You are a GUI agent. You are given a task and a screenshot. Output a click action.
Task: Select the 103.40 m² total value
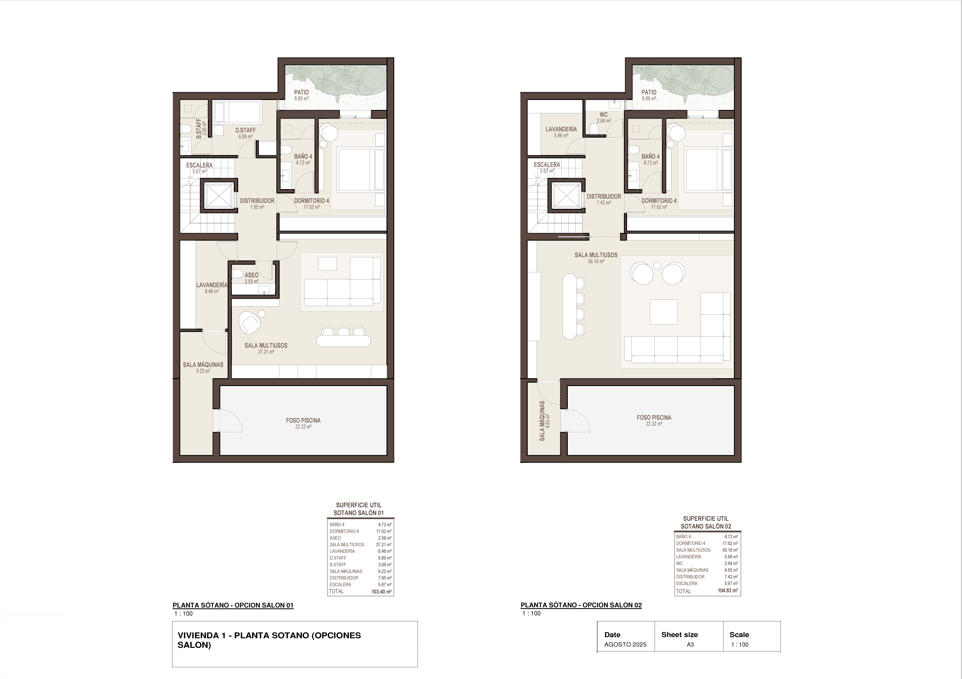coord(381,592)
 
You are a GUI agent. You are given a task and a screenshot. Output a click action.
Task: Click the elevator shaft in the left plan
coord(218,195)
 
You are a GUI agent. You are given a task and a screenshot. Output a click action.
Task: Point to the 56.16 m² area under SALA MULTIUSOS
coord(596,261)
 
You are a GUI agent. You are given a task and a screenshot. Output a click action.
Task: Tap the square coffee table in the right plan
coord(664,312)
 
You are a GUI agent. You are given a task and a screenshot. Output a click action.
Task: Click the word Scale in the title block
coord(739,635)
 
